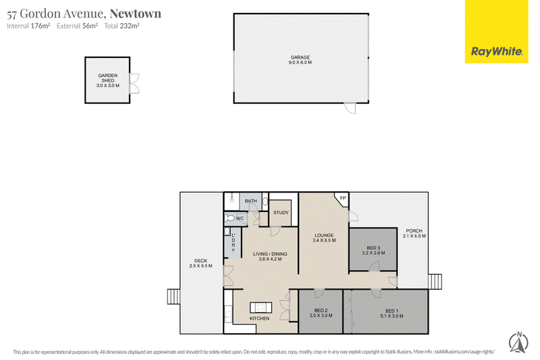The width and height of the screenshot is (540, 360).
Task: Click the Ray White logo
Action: coord(496,32)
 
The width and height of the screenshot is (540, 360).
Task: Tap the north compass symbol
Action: coord(518,342)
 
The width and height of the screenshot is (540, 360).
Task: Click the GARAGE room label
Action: coord(300,57)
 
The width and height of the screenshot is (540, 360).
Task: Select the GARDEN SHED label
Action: coord(108,78)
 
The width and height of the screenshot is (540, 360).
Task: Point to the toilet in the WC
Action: coord(230,218)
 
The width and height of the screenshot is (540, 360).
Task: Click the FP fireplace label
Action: coord(343,198)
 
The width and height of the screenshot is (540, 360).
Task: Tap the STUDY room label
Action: coord(281,213)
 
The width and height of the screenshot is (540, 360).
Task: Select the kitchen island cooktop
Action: coord(261,307)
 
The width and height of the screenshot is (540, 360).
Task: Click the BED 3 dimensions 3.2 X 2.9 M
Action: coord(374,253)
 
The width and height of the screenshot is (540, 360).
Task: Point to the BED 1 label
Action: coord(392,311)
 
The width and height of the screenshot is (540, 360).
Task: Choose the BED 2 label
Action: coord(321,311)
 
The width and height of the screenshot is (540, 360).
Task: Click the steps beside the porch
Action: coord(435,282)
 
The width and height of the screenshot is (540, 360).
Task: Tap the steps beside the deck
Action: coord(173,297)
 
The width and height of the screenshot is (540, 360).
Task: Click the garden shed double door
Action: coord(134,83)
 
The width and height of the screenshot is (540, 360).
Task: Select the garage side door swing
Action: coord(351,108)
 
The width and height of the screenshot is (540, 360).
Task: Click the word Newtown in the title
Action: coord(136,14)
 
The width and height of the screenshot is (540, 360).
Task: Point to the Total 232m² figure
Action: coord(122,26)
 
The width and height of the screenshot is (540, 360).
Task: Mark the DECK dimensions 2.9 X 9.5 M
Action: coord(200,266)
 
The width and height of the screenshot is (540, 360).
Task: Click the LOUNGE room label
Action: coord(324,235)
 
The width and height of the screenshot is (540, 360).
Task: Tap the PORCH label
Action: coord(414,231)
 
